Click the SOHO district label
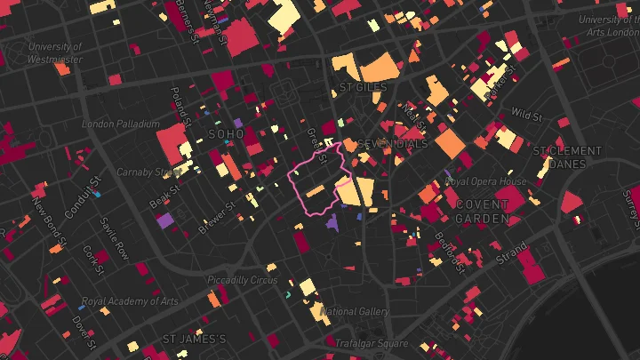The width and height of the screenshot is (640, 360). coord(225,133)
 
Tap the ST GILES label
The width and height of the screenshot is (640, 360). coord(364,88)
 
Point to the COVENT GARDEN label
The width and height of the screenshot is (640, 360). coord(483,211)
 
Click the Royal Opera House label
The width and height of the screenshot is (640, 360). coord(485,181)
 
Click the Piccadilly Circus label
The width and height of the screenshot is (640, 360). coord(242,280)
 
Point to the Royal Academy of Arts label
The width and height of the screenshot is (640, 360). coord(130,301)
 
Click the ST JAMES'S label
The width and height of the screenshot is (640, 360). coord(195,340)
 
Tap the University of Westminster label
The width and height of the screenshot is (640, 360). coord(55,53)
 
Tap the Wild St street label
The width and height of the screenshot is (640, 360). coord(526,115)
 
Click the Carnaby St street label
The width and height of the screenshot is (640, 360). coord(148,172)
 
